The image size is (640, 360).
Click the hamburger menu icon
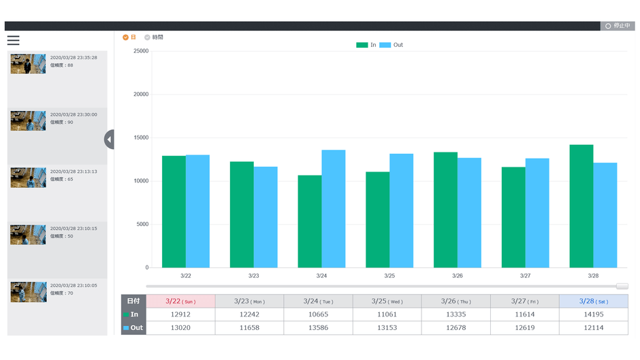tap(13, 40)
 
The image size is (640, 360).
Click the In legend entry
tap(366, 45)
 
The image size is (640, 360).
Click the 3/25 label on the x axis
tap(389, 276)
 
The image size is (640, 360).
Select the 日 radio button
tap(125, 37)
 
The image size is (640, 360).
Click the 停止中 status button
tap(617, 26)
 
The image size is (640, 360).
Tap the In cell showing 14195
tap(593, 314)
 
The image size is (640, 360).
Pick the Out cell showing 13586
tap(318, 328)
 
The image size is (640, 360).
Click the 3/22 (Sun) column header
tap(180, 301)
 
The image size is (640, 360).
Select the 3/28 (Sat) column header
tap(593, 301)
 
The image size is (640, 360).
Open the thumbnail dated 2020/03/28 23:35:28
tap(28, 64)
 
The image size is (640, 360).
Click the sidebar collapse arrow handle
tap(109, 140)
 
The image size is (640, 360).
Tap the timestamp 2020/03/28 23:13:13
tap(74, 171)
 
